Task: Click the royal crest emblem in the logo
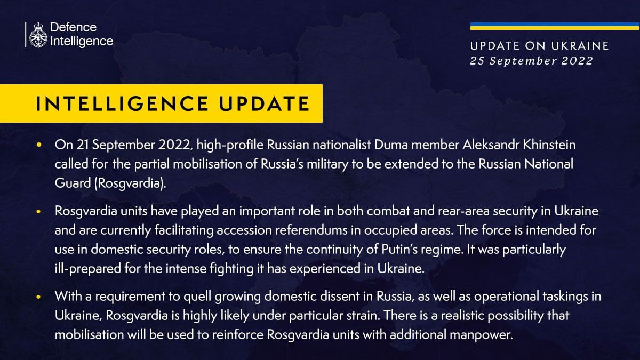click(x=38, y=35)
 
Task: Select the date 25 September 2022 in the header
click(x=531, y=61)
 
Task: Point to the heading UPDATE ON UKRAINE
click(x=539, y=46)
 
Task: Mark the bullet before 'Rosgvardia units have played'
click(x=38, y=212)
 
